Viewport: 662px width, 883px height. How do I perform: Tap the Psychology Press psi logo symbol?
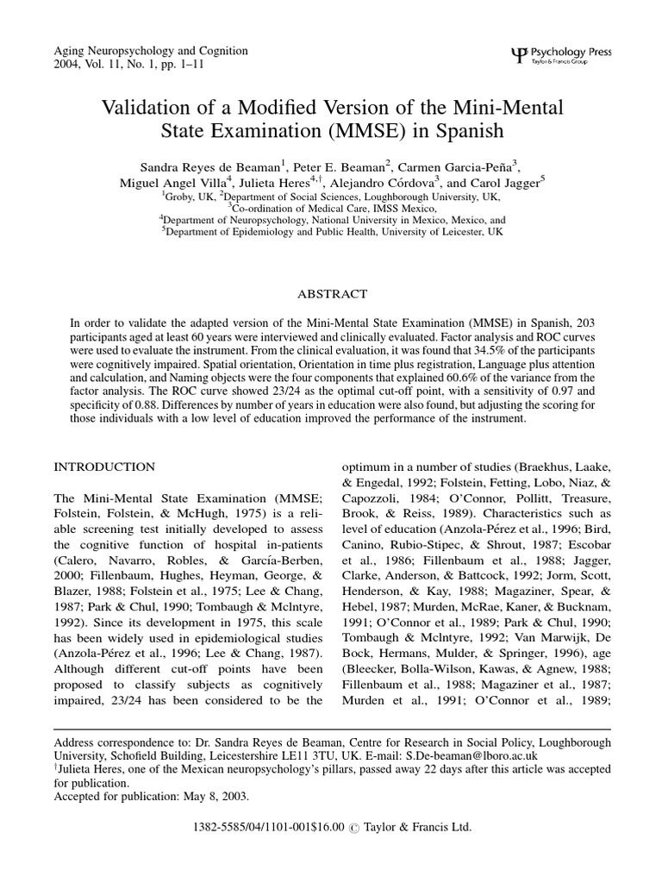pyautogui.click(x=517, y=55)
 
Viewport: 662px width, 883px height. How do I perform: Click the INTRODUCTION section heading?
pyautogui.click(x=104, y=467)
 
